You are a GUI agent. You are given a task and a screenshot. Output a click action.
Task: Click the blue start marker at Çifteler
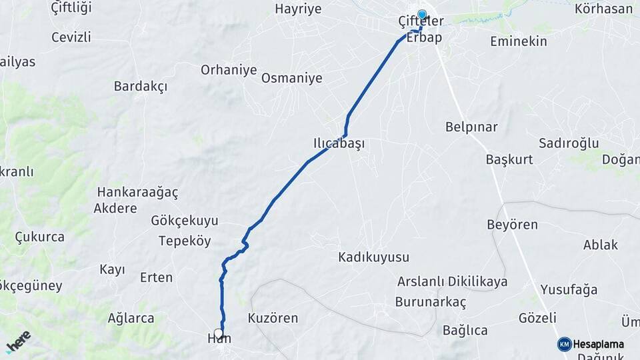click(421, 14)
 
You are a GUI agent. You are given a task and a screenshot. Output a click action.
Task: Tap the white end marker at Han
click(218, 333)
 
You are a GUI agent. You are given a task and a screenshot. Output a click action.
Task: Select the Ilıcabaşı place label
click(339, 143)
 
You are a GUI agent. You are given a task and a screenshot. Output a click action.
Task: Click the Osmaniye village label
click(291, 78)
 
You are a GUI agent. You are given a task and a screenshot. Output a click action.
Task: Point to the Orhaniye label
click(229, 69)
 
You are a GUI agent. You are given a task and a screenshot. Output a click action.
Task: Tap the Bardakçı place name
click(140, 86)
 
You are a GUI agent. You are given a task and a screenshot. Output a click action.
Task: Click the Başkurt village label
click(509, 160)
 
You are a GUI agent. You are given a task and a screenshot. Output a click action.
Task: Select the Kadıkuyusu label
click(373, 257)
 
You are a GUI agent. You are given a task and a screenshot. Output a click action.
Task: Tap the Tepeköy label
click(185, 241)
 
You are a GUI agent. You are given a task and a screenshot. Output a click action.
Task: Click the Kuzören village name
click(273, 318)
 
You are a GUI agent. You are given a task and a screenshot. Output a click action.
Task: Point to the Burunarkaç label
click(431, 301)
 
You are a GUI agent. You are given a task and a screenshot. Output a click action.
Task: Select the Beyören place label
click(512, 225)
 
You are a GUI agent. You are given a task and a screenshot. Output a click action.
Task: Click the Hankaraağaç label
click(137, 192)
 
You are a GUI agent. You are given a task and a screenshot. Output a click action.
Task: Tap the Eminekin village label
click(518, 41)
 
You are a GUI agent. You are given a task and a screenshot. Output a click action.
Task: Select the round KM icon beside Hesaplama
click(564, 344)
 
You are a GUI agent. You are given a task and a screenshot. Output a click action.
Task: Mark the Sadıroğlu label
click(569, 143)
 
